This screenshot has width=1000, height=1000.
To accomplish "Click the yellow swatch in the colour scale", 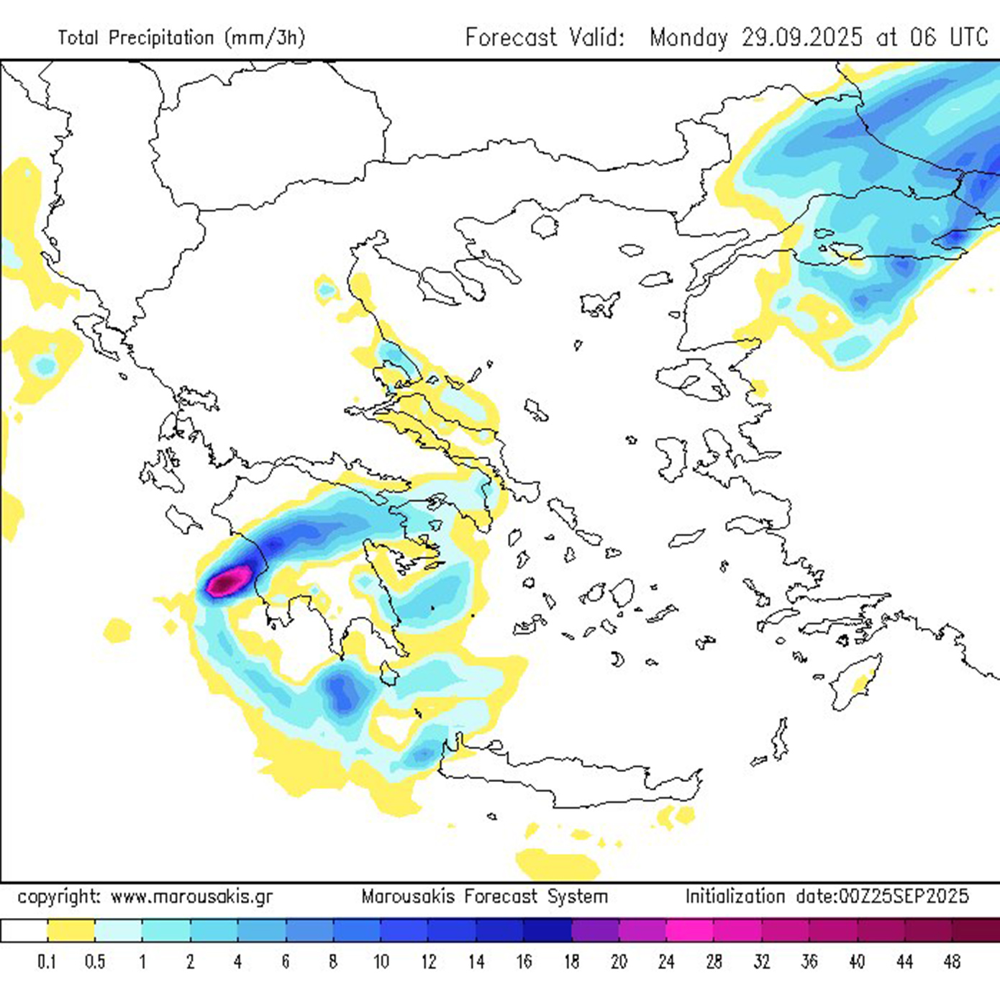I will (71, 929).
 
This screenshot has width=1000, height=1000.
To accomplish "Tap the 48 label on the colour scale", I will (952, 961).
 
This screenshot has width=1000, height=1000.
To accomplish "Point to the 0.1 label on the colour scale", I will (47, 961).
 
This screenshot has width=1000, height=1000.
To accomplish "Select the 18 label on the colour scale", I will (571, 961).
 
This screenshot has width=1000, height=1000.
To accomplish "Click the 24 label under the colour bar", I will (666, 961).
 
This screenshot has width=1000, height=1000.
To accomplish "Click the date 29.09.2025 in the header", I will (801, 37).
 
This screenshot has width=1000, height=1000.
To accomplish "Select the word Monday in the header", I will (688, 37).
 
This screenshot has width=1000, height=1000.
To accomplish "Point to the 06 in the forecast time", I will (923, 37).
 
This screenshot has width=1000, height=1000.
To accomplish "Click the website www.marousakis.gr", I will (191, 897).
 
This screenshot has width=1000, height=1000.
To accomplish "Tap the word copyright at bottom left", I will (60, 897).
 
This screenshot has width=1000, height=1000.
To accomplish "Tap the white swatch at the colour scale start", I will (24, 929).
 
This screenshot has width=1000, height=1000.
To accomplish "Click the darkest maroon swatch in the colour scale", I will (976, 929).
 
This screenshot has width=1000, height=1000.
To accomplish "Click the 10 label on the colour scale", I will (381, 961).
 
